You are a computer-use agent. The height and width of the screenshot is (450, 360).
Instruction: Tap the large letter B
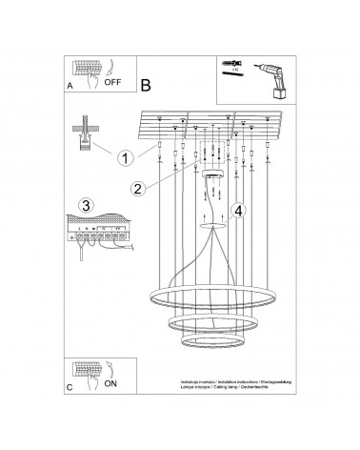point(145,84)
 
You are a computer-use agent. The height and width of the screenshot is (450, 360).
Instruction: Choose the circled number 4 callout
point(239,211)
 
